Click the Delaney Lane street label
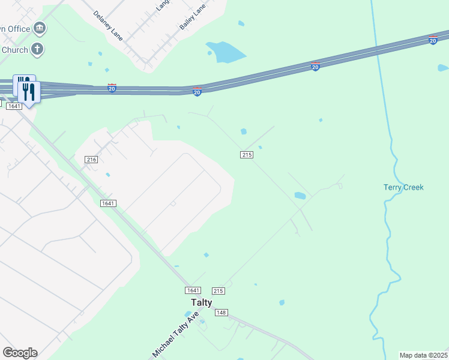click(108, 26)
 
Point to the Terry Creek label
click(403, 187)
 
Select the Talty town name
click(201, 302)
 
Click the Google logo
click(20, 353)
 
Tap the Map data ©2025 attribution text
click(424, 355)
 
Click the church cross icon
click(38, 49)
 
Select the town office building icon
click(40, 28)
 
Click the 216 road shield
click(91, 160)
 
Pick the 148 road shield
click(221, 313)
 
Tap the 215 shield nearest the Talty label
click(218, 290)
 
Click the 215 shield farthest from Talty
click(246, 155)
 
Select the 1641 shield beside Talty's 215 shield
click(193, 290)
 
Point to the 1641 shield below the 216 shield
click(108, 203)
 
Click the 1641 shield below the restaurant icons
click(14, 106)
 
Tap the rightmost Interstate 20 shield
click(433, 40)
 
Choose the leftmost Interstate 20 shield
click(112, 88)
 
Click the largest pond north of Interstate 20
click(225, 52)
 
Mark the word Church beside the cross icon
click(14, 50)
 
